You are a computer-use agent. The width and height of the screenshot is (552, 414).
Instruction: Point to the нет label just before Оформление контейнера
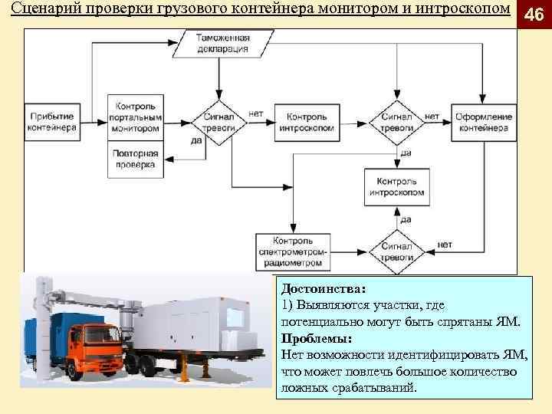click(x=432, y=116)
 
